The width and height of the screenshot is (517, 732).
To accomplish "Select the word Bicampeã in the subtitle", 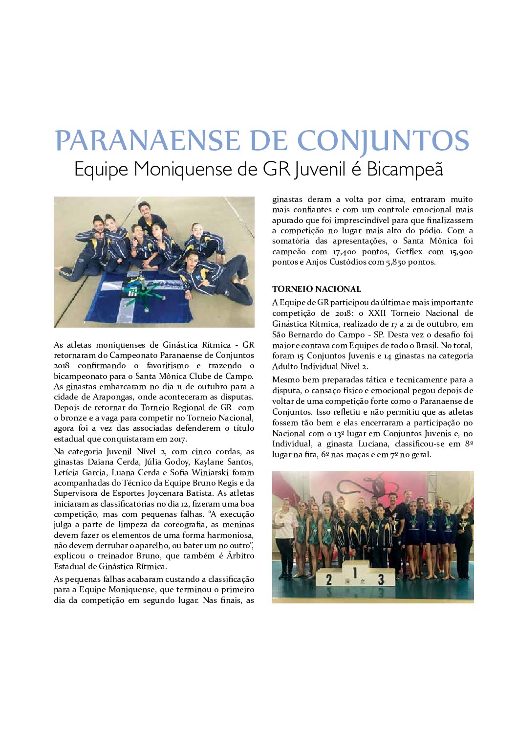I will click(x=405, y=169).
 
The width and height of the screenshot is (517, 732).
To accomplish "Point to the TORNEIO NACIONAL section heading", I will click(x=317, y=289).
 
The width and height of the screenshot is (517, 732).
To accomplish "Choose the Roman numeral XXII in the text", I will click(x=378, y=313).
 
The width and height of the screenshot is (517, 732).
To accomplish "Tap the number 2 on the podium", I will click(x=329, y=579).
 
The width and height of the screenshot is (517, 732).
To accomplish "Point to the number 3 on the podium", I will click(x=381, y=579).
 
